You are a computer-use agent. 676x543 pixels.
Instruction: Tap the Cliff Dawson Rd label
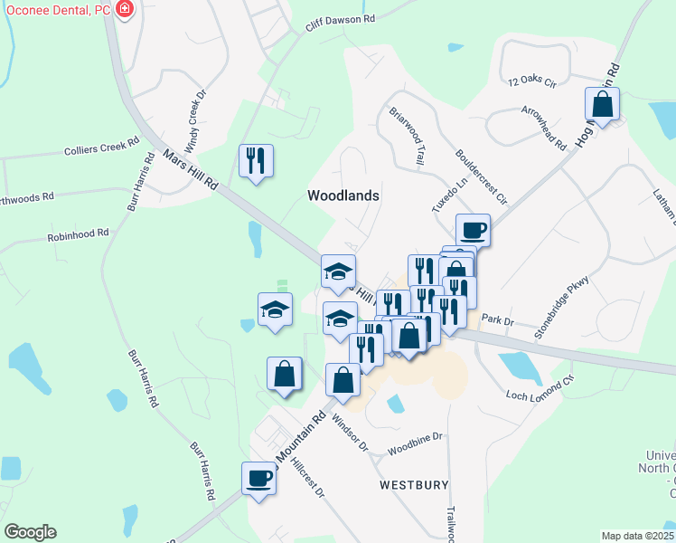(x=340, y=20)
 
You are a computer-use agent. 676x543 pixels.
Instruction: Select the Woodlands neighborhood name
(x=343, y=195)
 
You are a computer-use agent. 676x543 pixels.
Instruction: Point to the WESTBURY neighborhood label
(x=414, y=485)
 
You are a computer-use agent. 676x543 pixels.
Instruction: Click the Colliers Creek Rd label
(x=101, y=147)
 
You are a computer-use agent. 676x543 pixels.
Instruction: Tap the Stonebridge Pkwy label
(x=560, y=307)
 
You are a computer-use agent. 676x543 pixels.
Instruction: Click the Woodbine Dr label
(x=416, y=443)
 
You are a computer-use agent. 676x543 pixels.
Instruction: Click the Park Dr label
(x=497, y=319)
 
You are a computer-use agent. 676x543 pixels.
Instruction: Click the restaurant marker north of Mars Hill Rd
(x=256, y=161)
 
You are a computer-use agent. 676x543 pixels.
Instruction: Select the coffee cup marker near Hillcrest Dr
(x=258, y=479)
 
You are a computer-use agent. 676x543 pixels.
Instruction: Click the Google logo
(x=30, y=532)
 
